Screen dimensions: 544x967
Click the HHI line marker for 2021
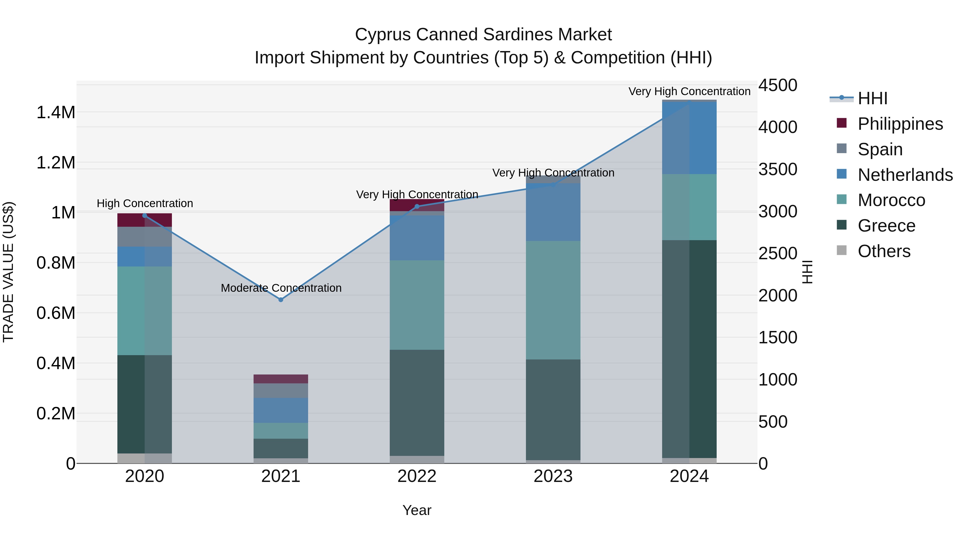[280, 300]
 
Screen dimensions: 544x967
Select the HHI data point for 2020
[145, 215]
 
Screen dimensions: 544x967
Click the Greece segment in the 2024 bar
[689, 349]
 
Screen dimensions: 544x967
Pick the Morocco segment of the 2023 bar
[553, 300]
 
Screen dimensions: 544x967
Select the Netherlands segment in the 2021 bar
[280, 410]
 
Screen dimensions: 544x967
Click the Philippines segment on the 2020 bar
[145, 220]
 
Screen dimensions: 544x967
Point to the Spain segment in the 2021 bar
[280, 390]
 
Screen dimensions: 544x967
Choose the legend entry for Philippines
[900, 124]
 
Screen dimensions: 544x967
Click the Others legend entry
[884, 251]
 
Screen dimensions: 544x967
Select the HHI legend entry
[872, 98]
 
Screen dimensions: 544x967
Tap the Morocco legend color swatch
[842, 199]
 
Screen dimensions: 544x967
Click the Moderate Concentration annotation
[281, 288]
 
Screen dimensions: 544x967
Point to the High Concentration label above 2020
[145, 203]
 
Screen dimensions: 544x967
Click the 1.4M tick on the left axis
[56, 113]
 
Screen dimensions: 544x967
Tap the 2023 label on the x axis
[553, 476]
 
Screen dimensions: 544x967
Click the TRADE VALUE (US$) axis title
[8, 272]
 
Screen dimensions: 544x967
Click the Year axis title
[417, 510]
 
